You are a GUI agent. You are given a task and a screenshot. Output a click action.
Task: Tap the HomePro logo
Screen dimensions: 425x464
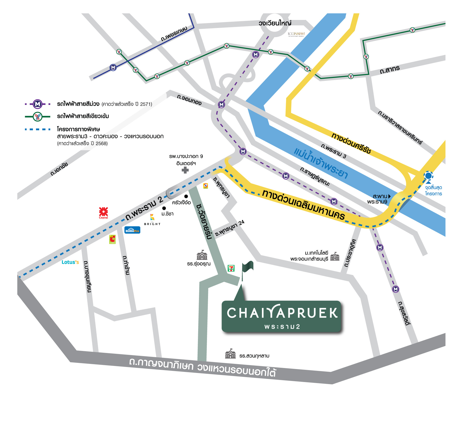point(132,230)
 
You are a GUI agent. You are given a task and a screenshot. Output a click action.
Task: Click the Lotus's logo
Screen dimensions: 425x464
point(70,262)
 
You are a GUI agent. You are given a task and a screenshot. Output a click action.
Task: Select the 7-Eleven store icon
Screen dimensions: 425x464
point(231,268)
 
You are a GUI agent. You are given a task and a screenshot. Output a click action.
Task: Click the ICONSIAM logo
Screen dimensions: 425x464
point(296,34)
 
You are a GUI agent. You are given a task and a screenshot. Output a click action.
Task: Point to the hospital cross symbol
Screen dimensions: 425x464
point(185,170)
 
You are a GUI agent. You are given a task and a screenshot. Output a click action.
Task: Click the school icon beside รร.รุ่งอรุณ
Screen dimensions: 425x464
point(202,255)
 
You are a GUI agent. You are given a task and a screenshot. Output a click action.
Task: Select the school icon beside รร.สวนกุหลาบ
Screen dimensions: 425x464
point(230,354)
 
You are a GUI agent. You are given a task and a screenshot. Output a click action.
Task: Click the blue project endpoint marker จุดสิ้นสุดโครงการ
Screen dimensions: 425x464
point(429,176)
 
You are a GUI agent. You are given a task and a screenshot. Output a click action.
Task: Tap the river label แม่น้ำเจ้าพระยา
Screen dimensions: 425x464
point(321,163)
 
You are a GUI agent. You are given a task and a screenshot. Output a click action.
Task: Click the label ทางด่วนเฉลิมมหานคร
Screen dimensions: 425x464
point(303,205)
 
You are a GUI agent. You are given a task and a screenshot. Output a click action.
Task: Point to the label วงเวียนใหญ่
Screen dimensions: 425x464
point(275,23)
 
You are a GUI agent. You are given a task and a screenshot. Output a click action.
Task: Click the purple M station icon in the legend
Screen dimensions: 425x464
point(38,104)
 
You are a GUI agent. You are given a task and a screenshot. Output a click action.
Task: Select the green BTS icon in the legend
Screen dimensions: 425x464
point(38,117)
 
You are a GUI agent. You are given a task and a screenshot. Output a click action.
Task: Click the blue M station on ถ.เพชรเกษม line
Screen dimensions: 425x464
point(113,68)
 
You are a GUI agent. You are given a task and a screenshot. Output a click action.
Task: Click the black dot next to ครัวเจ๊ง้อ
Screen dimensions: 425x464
point(186,196)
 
